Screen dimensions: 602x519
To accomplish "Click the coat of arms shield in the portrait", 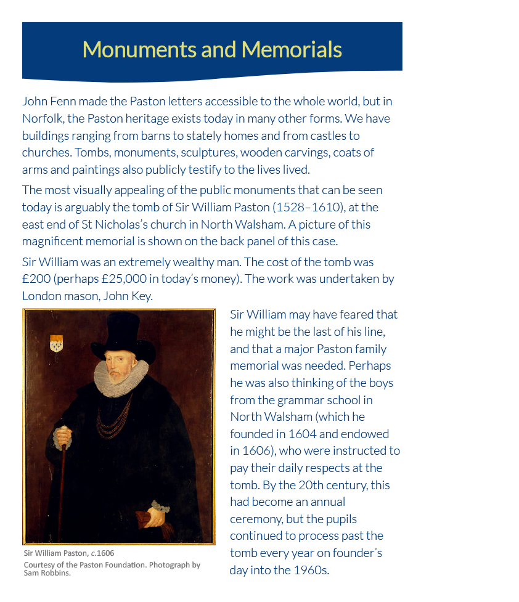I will [x=56, y=343].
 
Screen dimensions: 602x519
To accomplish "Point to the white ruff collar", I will [x=122, y=376].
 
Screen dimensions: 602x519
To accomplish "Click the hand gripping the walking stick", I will [x=62, y=437].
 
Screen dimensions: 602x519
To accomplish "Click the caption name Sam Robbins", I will [x=47, y=573].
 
